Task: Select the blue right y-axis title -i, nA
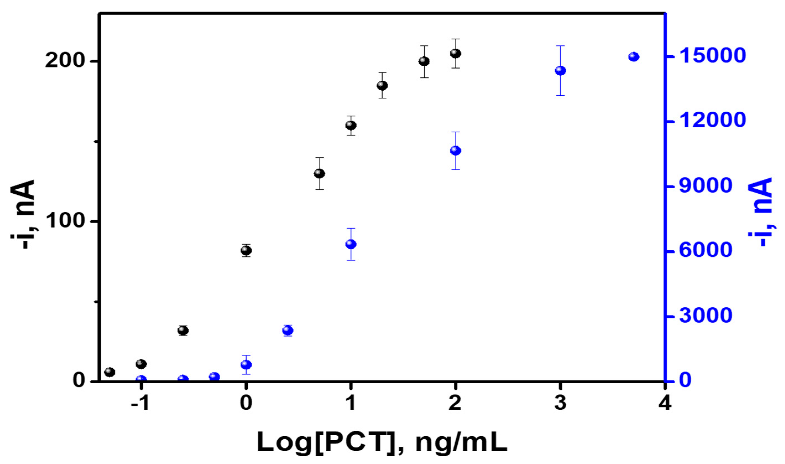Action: [x=760, y=213]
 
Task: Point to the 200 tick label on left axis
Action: [x=65, y=61]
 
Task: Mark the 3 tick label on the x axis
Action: [x=560, y=403]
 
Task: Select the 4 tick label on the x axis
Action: [x=665, y=403]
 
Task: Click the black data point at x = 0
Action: [x=246, y=250]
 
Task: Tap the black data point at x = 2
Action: [x=456, y=53]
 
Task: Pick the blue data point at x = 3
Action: [x=560, y=71]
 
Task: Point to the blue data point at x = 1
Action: [x=351, y=244]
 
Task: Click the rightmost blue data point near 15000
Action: [x=634, y=57]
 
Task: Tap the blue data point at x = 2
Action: [x=456, y=151]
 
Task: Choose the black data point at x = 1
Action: [x=351, y=125]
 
